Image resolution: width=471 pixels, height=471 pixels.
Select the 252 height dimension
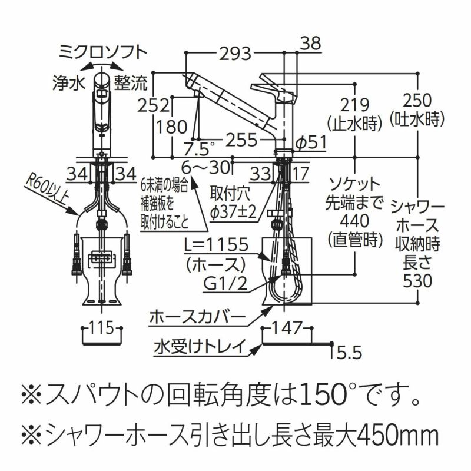tap(154, 105)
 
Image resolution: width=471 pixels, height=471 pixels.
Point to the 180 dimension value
tap(171, 127)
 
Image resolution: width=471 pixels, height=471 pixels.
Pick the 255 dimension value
tap(242, 139)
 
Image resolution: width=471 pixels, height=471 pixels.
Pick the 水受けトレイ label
tap(199, 346)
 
